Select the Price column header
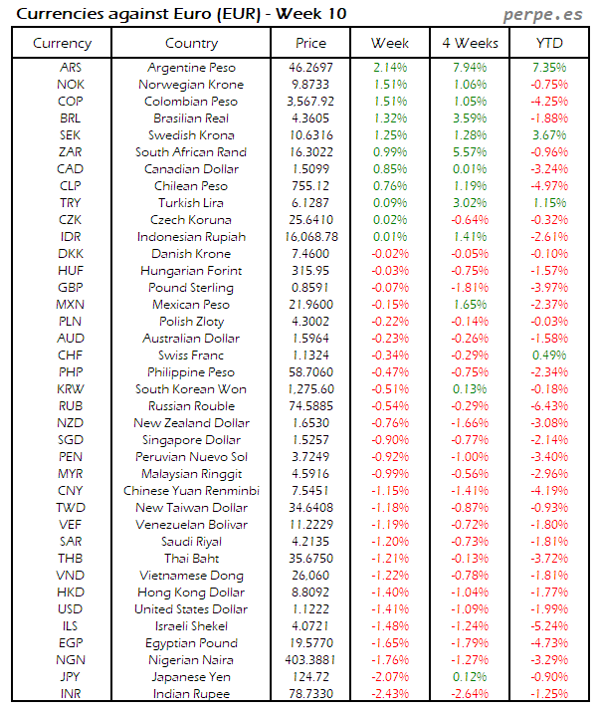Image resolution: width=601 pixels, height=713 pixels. (x=310, y=43)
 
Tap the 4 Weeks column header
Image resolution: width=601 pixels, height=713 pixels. (x=470, y=43)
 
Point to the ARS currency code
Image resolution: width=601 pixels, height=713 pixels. (x=71, y=68)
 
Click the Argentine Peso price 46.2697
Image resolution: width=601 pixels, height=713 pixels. (x=310, y=68)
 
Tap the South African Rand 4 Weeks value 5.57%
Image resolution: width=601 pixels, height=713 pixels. (x=470, y=152)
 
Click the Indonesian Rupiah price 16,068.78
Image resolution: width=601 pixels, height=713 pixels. (x=310, y=237)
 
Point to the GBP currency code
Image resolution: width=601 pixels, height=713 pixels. (x=71, y=288)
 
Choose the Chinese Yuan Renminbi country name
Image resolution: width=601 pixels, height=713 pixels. (x=191, y=490)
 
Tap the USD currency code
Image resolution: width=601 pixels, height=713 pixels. (x=71, y=608)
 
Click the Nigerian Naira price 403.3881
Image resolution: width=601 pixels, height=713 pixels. (x=310, y=659)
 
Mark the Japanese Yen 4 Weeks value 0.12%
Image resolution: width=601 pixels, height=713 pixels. (x=470, y=676)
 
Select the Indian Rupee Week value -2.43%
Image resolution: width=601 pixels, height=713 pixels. (x=390, y=693)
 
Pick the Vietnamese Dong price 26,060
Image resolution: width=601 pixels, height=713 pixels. (x=310, y=575)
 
